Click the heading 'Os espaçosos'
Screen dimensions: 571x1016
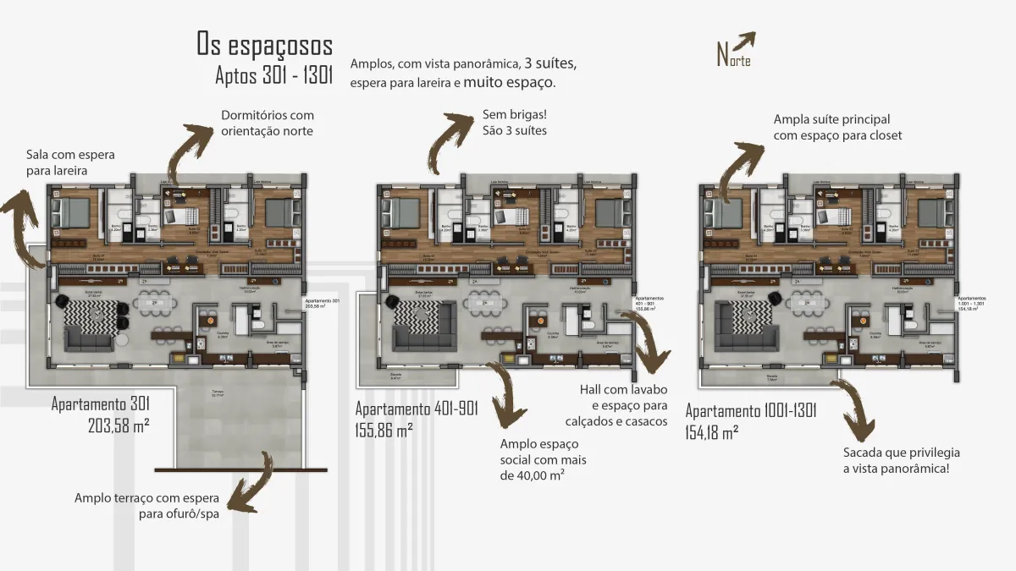tap(264, 44)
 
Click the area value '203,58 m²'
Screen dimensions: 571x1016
tap(119, 426)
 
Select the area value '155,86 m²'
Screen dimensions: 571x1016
tap(384, 430)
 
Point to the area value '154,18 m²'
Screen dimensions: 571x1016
tap(711, 431)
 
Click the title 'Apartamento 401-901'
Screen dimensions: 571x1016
tap(417, 409)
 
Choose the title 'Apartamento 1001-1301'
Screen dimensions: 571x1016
tap(750, 412)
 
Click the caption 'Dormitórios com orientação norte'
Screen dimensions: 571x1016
tap(267, 123)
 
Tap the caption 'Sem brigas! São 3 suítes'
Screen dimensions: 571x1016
tap(515, 123)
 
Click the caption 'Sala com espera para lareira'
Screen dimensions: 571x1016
tap(70, 163)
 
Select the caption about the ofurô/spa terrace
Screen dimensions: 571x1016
tap(146, 506)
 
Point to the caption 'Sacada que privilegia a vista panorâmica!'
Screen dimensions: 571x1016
tap(902, 460)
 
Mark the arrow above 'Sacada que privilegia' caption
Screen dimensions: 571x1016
tap(854, 405)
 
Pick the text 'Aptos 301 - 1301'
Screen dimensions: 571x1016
tap(274, 77)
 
